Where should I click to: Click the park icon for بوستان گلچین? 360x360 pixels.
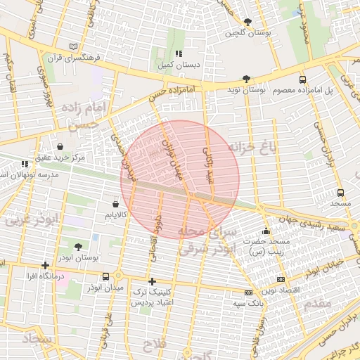[247, 22]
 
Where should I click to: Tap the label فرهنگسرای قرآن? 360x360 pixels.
[75, 57]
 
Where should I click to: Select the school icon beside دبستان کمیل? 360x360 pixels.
[179, 53]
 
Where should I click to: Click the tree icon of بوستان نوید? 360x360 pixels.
[245, 79]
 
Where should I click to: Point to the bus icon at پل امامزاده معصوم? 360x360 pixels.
[302, 79]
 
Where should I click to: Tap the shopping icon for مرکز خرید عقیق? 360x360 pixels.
[60, 147]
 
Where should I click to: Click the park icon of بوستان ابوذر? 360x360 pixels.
[78, 247]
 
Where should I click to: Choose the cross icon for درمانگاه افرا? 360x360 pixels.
[46, 265]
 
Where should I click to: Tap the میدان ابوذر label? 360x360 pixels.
[105, 288]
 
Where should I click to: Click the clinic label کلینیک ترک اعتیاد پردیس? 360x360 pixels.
[153, 296]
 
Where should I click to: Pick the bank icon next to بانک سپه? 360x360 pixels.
[247, 292]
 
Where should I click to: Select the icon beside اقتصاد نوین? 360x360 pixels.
[281, 280]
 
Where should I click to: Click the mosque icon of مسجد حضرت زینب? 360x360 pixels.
[266, 231]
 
